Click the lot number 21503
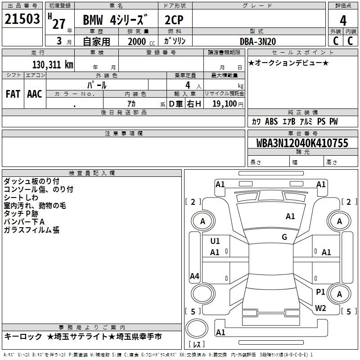point(22,19)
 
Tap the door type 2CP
point(174,20)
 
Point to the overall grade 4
point(343,21)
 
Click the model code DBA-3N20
point(257,41)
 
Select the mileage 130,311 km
point(53,65)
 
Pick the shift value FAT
point(13,94)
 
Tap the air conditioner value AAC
point(35,94)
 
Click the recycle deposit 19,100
point(224,104)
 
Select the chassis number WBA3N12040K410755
point(302,143)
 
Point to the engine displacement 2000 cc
point(141,41)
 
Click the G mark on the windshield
point(284,237)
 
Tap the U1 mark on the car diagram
point(215,241)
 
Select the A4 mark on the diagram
point(194,276)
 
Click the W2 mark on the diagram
point(320,308)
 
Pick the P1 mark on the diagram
point(320,292)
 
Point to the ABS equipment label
point(271,121)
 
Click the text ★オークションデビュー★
point(288,63)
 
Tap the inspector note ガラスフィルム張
point(31,230)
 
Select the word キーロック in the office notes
point(23,337)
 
